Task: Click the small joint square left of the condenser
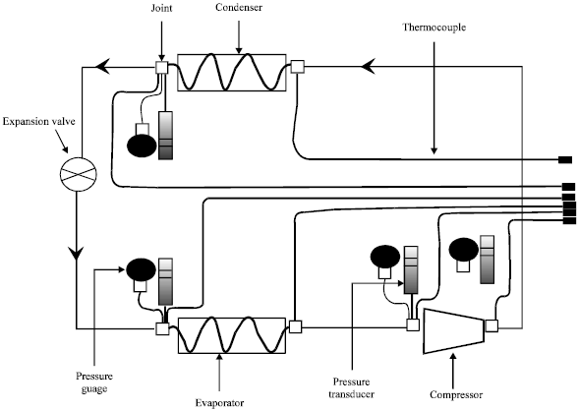coord(162,68)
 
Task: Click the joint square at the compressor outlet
coord(492,326)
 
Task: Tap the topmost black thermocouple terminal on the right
coord(566,159)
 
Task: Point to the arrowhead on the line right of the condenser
coord(369,67)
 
